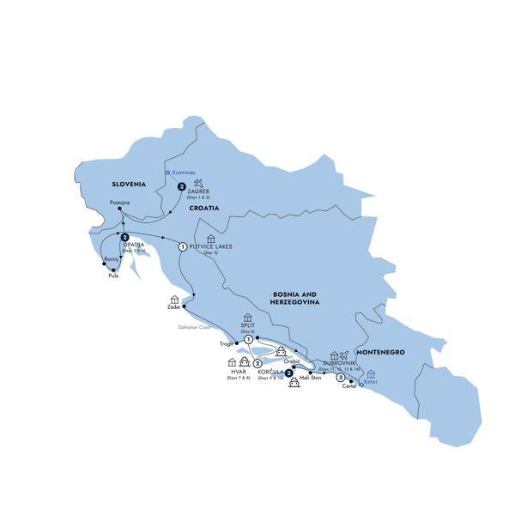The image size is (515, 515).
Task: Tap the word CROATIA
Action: (204, 208)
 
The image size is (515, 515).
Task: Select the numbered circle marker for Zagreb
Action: (181, 187)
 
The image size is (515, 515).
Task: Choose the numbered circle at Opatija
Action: (125, 238)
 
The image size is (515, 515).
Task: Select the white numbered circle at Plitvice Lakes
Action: (182, 247)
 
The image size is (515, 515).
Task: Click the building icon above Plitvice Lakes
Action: (209, 238)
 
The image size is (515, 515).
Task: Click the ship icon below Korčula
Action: (294, 384)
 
